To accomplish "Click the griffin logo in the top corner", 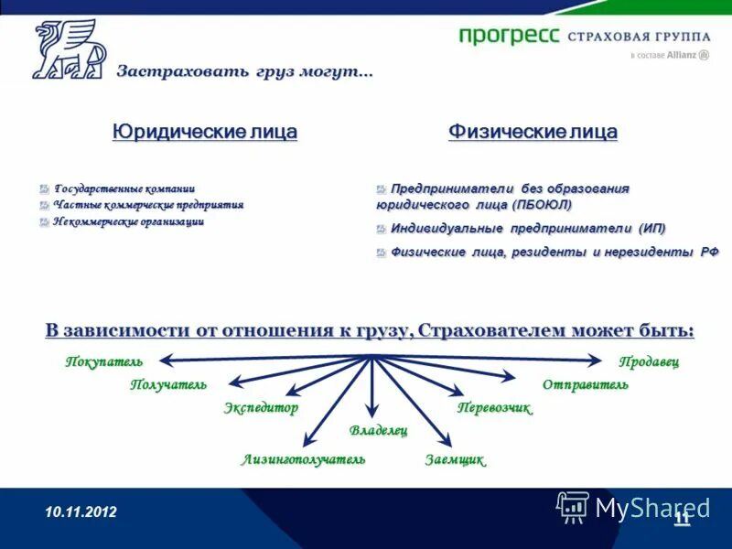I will coord(69,49).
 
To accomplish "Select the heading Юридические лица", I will coord(205,132).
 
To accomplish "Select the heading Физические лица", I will coord(533,132).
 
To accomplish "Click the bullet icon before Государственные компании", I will coord(44,188).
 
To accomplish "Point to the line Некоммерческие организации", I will coord(128,221).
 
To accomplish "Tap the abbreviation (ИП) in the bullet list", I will coord(651,228).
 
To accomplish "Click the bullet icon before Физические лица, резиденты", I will coord(382,253).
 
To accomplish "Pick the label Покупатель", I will coord(104,361).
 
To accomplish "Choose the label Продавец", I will coord(649,361).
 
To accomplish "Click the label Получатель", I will coord(168,384).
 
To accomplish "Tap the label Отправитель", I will coord(586,384).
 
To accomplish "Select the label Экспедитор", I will coord(261,408).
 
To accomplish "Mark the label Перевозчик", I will coord(494,408).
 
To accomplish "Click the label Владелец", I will coord(378,430).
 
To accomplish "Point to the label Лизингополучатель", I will coord(303,459).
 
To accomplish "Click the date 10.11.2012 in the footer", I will coord(81,512).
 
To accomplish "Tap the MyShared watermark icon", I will coord(573,506).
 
